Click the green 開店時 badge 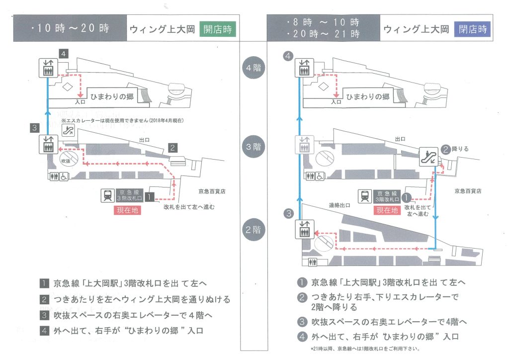coord(218,29)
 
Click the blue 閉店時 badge coord(472,29)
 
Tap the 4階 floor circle coord(254,68)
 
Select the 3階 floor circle coord(254,147)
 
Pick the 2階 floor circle coord(254,230)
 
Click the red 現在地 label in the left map coord(127,210)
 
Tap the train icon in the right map coord(365,196)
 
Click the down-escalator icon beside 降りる coord(428,157)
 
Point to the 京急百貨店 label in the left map coord(212,191)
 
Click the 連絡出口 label coord(339,205)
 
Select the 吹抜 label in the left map coord(66,161)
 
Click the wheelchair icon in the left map coord(64,176)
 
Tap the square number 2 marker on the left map coord(172,148)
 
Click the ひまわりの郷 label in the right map coord(368,97)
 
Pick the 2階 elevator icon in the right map coord(305,229)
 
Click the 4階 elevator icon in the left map coord(48,68)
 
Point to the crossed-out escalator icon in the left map coord(68,130)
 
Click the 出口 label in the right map coord(400,139)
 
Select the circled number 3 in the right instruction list coord(302,322)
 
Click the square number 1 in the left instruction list coord(44,283)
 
